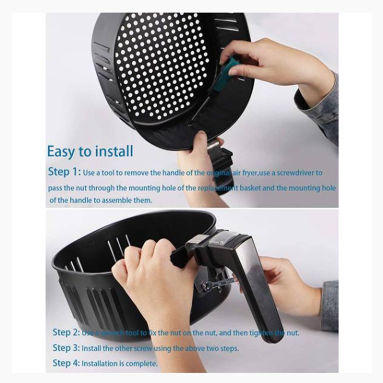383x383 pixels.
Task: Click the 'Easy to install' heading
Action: tap(90, 151)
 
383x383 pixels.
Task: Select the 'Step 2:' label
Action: tap(66, 332)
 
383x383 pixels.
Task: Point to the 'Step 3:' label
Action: tap(66, 348)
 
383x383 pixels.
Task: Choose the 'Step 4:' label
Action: tap(66, 363)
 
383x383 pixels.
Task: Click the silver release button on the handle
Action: tap(225, 237)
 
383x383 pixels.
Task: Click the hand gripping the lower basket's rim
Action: tap(148, 278)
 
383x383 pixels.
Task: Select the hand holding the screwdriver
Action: tap(268, 65)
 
